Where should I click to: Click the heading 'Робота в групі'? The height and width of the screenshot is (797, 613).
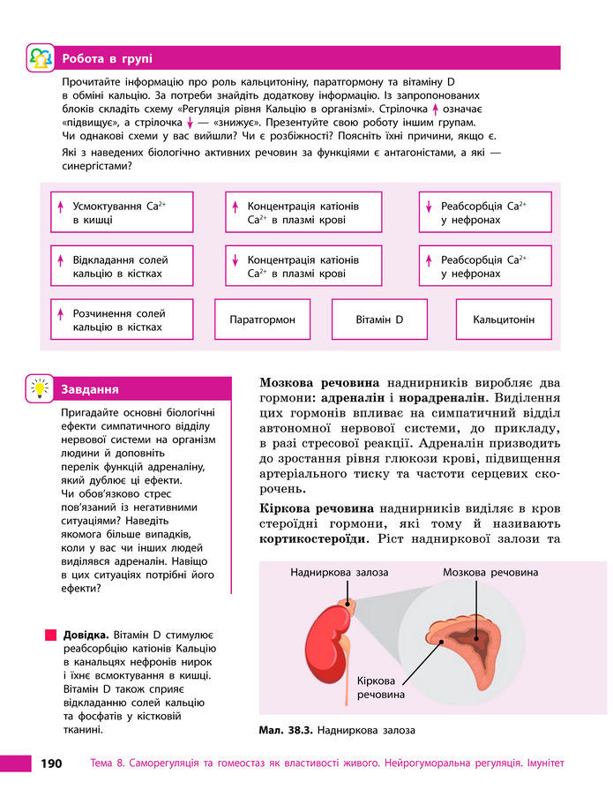point(107,59)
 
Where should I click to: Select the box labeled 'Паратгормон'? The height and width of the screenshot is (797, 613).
point(262,320)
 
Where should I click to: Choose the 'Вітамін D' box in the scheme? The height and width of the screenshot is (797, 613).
point(379,320)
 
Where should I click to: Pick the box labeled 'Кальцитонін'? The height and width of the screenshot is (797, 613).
point(503,320)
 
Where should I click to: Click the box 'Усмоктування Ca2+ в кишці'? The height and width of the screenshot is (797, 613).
point(121,213)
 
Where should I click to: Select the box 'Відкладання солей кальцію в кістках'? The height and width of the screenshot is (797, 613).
point(121,267)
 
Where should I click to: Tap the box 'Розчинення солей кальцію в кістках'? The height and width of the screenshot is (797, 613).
point(121,320)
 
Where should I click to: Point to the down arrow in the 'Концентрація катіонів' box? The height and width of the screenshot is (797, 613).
point(235,261)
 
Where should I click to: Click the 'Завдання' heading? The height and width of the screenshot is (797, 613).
point(89,389)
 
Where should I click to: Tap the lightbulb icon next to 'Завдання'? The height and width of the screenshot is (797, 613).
point(41,387)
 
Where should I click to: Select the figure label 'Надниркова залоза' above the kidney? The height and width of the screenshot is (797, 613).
point(339,573)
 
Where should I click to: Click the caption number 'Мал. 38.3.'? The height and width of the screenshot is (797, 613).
point(285,730)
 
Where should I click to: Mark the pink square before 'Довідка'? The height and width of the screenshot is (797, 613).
point(50,635)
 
